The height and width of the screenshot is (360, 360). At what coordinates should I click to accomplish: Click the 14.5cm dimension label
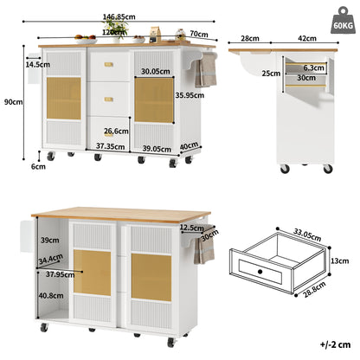(x=36, y=64)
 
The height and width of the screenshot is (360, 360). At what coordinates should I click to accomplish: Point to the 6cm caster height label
(x=37, y=167)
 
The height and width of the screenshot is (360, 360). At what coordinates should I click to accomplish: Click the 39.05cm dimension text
(x=158, y=147)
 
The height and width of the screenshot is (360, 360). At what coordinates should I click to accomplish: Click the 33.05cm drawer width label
(x=296, y=233)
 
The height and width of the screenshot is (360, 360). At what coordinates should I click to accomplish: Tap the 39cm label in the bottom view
(x=49, y=241)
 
